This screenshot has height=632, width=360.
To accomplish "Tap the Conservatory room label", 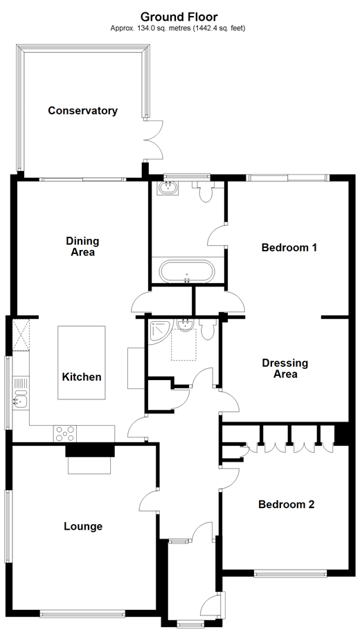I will point(82,111).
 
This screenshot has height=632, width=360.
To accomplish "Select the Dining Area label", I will point(82,246).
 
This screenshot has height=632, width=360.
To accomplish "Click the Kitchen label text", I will point(82,377).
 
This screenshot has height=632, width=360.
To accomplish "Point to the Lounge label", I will point(82,526).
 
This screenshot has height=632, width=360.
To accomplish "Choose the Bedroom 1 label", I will point(289,247).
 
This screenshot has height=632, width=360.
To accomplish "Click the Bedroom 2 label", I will point(286,505).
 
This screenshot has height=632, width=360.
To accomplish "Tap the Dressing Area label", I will point(285,368).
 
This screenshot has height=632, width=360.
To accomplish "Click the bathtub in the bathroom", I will point(187,271).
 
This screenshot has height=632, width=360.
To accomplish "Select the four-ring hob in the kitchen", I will point(66,433).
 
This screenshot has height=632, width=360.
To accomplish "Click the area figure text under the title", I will point(178,28).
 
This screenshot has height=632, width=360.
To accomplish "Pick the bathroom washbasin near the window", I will point(168,188).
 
